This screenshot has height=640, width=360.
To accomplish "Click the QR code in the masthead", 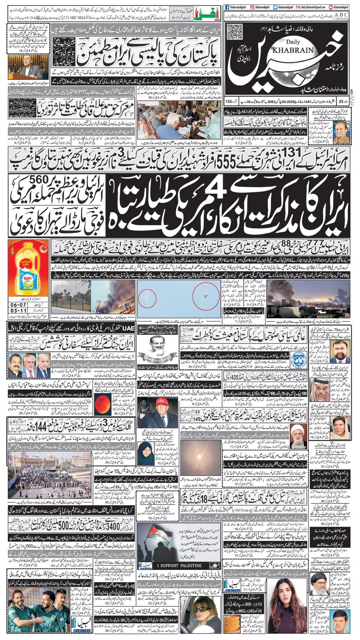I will tap(234, 32).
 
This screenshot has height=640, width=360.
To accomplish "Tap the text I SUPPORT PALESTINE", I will tap(179, 565).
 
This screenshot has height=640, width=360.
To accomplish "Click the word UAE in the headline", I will tap(129, 328).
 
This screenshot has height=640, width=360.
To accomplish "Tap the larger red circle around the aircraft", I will tap(206, 297).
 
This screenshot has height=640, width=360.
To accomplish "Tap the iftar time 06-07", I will tap(18, 305).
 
